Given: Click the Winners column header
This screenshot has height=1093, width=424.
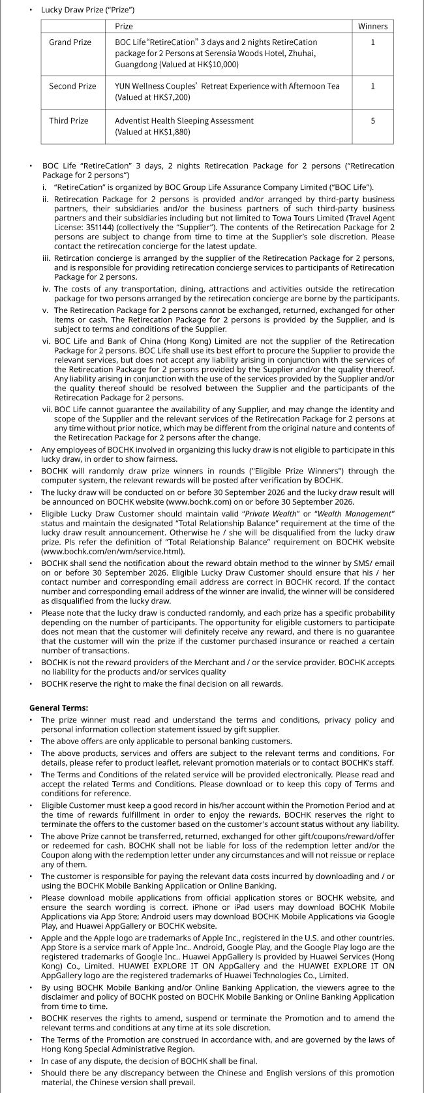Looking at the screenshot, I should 372,26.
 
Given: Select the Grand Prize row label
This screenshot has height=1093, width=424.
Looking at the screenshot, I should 70,42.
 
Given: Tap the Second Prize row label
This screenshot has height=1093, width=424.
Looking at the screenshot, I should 72,86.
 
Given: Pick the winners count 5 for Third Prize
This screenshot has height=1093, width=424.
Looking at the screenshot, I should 372,121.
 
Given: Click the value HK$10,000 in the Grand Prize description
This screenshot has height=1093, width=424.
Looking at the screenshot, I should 218,65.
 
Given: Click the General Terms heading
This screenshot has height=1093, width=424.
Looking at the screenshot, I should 59,708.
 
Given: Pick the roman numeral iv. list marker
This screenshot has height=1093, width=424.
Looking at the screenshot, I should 46,289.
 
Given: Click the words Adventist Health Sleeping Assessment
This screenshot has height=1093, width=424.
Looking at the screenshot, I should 184,121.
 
